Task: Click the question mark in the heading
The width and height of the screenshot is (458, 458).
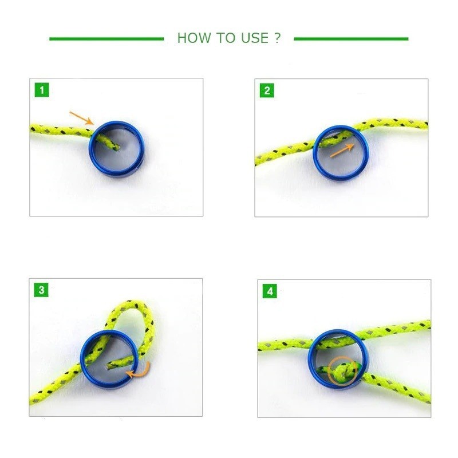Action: (x=278, y=38)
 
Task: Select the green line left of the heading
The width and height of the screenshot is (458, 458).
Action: (x=106, y=39)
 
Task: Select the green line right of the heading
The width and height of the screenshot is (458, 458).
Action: (x=351, y=39)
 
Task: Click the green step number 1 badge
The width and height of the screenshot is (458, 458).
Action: (x=42, y=90)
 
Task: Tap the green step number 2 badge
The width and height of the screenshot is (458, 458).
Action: (x=267, y=90)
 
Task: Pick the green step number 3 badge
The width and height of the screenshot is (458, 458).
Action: (x=41, y=290)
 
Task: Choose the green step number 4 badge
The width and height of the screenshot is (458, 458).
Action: (x=270, y=291)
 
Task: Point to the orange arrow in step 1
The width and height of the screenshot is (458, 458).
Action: (x=81, y=118)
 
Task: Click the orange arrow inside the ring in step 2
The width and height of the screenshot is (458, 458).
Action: (x=342, y=151)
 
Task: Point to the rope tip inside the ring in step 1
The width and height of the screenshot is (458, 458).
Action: (x=116, y=148)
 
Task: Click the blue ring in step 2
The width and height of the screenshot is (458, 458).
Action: (x=314, y=152)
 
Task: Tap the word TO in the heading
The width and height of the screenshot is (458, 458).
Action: (x=226, y=38)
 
